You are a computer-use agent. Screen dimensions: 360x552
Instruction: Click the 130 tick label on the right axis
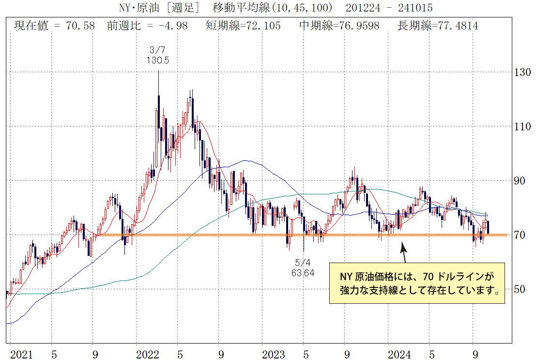(x=523, y=72)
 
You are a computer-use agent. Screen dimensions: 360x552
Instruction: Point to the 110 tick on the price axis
(x=523, y=126)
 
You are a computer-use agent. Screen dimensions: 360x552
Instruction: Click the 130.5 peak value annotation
(x=157, y=60)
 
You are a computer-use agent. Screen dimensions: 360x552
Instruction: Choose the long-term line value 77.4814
(x=458, y=26)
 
